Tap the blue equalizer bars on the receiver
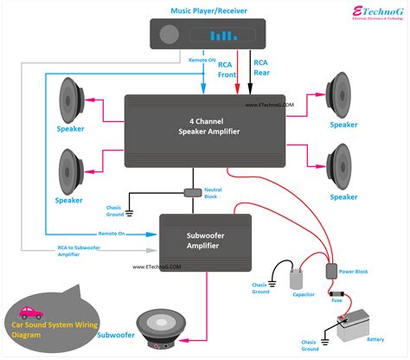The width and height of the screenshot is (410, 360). pos(225,35)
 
